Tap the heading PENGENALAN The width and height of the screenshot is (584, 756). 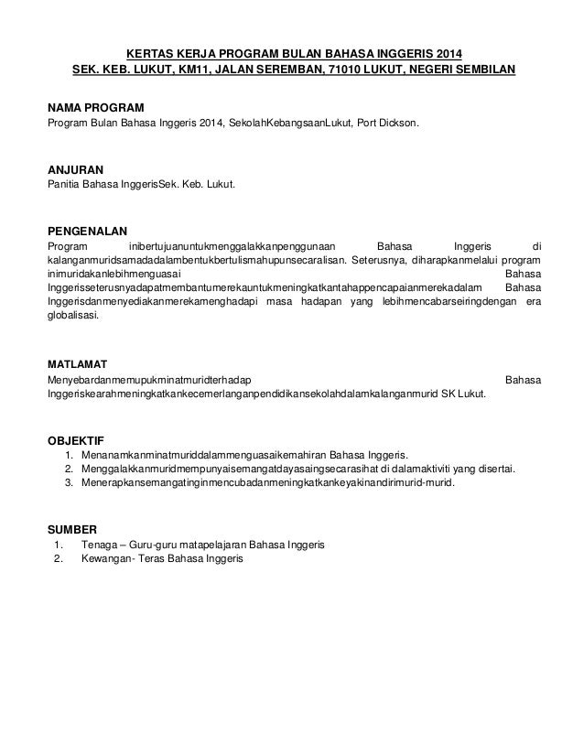pos(87,230)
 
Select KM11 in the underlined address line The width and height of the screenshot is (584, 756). pos(196,69)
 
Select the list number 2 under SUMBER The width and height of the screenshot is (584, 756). pos(59,560)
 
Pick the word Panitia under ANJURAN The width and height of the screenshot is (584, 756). pos(64,186)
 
